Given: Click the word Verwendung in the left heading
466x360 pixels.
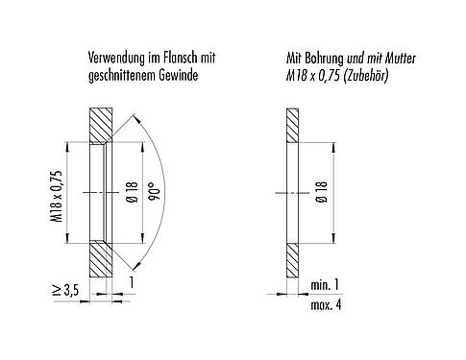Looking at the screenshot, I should tap(113, 58).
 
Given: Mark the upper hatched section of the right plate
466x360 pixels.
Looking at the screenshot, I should tap(290, 126).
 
